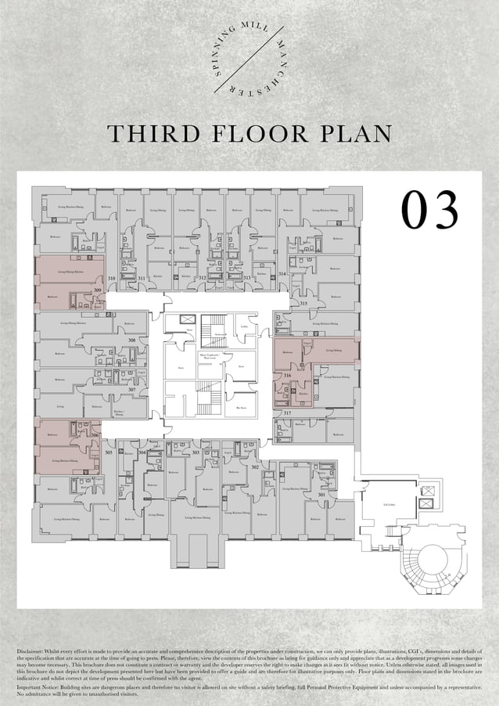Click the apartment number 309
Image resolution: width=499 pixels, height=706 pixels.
[x=97, y=290]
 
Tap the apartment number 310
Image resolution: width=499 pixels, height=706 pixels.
[x=112, y=279]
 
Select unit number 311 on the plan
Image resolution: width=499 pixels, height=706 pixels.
[x=142, y=279]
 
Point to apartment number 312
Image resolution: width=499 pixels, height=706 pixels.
[x=202, y=278]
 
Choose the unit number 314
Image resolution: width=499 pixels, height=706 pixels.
[x=282, y=275]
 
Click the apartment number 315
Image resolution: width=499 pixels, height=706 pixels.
[x=303, y=303]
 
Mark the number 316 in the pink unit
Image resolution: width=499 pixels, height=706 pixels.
[x=288, y=376]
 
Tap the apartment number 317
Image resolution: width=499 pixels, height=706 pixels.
[x=287, y=412]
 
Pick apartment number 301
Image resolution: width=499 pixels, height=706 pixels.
[x=321, y=495]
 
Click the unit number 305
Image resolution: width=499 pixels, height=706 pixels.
[x=109, y=452]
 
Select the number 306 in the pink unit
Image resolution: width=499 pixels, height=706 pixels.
[x=95, y=435]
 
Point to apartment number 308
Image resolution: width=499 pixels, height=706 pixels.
[x=132, y=340]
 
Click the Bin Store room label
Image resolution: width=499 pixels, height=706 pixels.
[x=242, y=407]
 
